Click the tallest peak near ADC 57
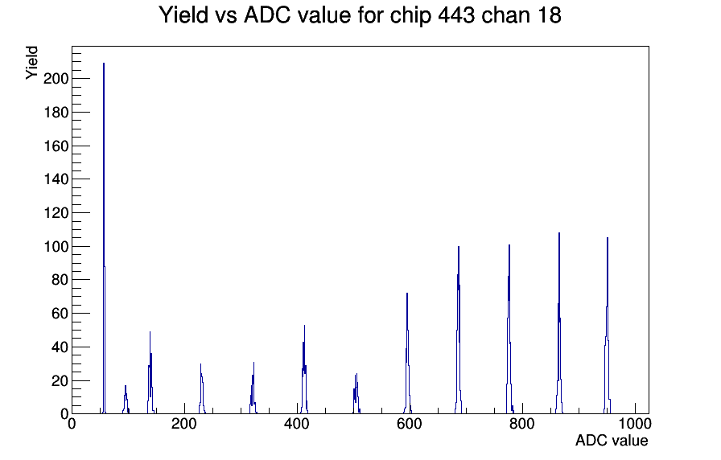click(104, 239)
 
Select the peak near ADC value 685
click(459, 331)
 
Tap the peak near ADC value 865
click(559, 324)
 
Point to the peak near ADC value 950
click(608, 327)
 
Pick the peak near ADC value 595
click(407, 354)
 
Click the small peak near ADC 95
click(126, 400)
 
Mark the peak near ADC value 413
click(304, 370)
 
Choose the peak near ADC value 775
click(509, 330)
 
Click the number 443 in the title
click(456, 15)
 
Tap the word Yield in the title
click(183, 15)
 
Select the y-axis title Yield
click(31, 63)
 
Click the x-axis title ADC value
click(612, 440)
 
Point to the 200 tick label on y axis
click(56, 79)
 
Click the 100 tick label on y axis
click(56, 246)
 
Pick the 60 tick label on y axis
click(60, 314)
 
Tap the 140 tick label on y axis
click(56, 179)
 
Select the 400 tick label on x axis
click(297, 424)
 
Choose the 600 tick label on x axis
click(410, 424)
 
